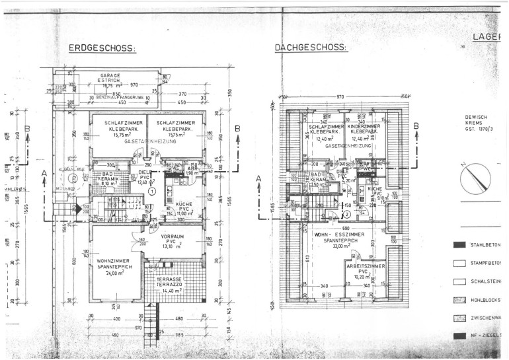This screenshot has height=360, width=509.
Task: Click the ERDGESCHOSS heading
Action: click(102, 48)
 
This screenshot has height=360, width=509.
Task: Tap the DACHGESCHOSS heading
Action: click(311, 48)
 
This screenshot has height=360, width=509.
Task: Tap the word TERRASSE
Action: click(169, 280)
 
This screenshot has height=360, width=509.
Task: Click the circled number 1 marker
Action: click(151, 191)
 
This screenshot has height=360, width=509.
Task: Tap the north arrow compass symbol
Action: click(480, 178)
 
